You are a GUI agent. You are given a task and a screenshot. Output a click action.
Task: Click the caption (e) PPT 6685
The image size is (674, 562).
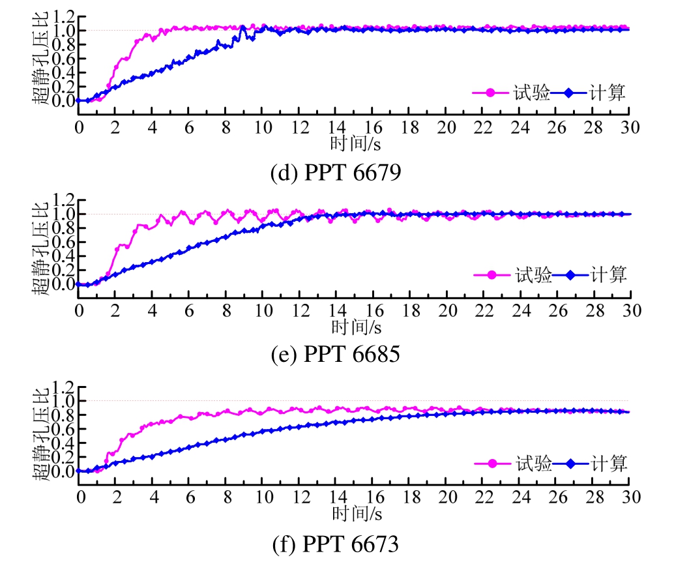click(x=335, y=355)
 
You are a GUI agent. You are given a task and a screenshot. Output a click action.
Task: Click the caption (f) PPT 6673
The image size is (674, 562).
click(x=335, y=543)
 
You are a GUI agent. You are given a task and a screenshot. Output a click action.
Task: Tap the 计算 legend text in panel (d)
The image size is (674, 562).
click(x=608, y=93)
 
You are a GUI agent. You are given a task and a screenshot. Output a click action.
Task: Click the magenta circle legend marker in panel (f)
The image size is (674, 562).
click(x=493, y=464)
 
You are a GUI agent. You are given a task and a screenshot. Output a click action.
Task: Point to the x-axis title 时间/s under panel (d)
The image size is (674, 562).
click(x=355, y=141)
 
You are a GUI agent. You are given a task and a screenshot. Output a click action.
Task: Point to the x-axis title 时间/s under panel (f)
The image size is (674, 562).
click(x=356, y=512)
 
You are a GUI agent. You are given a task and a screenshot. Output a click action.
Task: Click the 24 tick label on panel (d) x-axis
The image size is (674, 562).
click(x=520, y=126)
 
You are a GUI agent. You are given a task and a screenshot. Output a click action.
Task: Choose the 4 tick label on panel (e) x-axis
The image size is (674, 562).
click(x=153, y=310)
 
